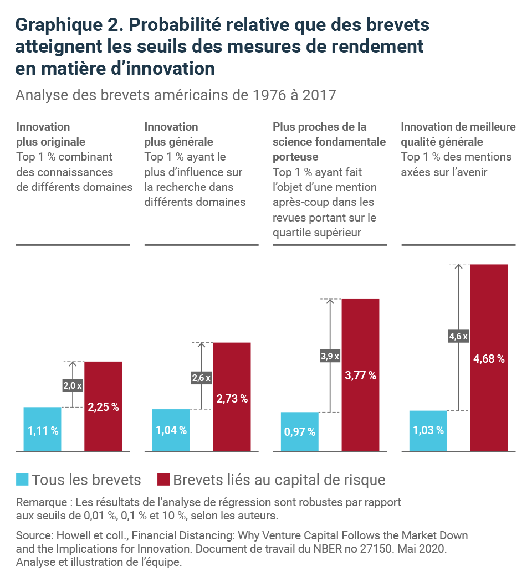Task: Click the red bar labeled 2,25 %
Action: pyautogui.click(x=103, y=406)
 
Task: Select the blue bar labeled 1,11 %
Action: pyautogui.click(x=42, y=429)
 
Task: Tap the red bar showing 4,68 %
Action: pyautogui.click(x=489, y=358)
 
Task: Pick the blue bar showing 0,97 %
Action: pyautogui.click(x=300, y=431)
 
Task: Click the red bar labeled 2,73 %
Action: pyautogui.click(x=232, y=397)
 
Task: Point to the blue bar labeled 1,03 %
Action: pyautogui.click(x=428, y=431)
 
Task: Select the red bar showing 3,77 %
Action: pyautogui.click(x=360, y=375)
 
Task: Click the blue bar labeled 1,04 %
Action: pyautogui.click(x=171, y=430)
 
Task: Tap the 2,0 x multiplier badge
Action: pyautogui.click(x=73, y=385)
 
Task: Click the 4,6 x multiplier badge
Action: pyautogui.click(x=458, y=336)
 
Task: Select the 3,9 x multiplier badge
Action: pyautogui.click(x=330, y=356)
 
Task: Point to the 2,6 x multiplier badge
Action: pyautogui.click(x=201, y=378)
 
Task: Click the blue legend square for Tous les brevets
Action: pyautogui.click(x=22, y=480)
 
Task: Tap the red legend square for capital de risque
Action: pyautogui.click(x=163, y=480)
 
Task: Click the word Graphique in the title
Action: pyautogui.click(x=59, y=25)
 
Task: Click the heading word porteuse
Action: pyautogui.click(x=295, y=157)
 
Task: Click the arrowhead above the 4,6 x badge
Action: pyautogui.click(x=458, y=266)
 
